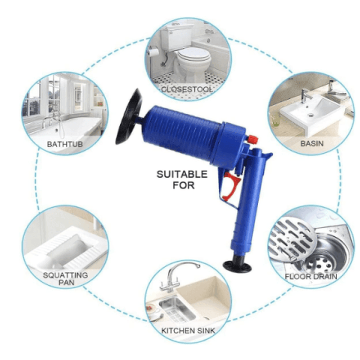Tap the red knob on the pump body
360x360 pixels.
point(252,140)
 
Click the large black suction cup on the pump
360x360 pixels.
point(128,117)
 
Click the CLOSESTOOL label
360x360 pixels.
point(186,89)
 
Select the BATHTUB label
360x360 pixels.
point(65,144)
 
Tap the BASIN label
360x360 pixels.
point(312,144)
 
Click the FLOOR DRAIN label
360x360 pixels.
point(311,276)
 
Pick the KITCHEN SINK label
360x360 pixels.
point(188,331)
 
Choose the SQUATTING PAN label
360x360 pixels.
point(66,279)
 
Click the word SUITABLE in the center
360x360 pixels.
point(182,174)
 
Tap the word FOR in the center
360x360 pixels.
point(184,185)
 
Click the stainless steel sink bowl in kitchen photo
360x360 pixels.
point(177,308)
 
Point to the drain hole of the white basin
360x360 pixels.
point(311,115)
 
